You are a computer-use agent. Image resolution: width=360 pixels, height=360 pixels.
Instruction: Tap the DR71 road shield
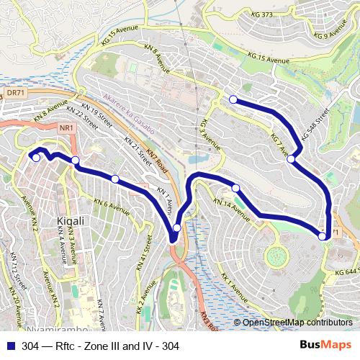tap(15, 94)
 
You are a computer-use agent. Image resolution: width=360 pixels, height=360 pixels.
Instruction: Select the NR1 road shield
tap(67, 128)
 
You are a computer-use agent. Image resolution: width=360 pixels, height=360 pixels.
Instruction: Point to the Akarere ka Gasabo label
tap(129, 109)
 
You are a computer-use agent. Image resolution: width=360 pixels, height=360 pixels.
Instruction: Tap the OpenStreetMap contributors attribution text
tap(297, 322)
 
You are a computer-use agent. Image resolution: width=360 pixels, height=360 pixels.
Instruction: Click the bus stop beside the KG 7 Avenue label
tap(291, 159)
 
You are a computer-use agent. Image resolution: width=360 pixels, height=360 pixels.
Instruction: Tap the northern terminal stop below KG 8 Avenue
tap(233, 99)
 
